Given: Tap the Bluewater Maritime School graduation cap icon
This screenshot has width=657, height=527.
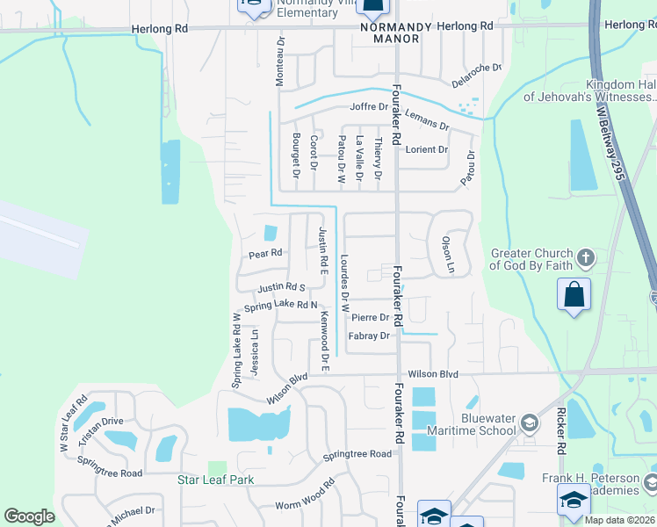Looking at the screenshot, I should point(529,423).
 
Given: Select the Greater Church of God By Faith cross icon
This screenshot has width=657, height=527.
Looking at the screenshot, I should point(587,258).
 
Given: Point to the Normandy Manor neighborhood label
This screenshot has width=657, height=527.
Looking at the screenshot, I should point(396,32).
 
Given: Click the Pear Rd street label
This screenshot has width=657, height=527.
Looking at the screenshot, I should point(264,254).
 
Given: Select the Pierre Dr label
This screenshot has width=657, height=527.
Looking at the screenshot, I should point(370,318).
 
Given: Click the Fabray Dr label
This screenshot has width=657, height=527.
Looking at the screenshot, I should point(369,336).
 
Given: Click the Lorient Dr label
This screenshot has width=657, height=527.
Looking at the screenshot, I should point(426,149).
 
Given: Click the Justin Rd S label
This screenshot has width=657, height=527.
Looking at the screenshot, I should point(281,287).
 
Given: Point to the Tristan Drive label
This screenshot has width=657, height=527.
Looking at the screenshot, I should point(100,421).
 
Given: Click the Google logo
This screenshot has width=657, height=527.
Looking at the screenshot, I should point(29,516).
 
